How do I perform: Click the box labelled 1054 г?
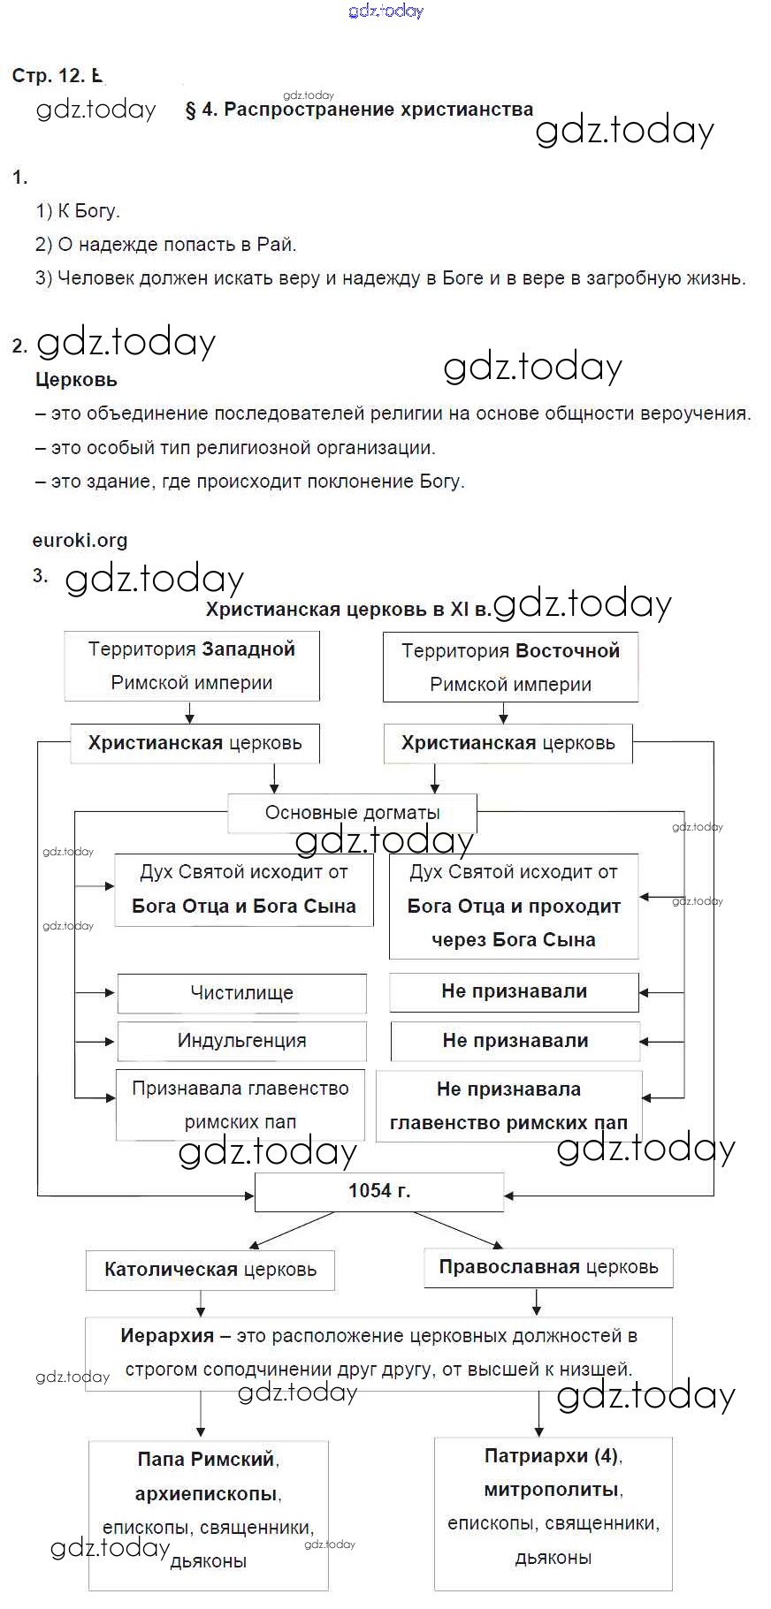point(379,1191)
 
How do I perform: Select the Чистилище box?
point(241,993)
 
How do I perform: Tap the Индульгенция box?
point(241,1041)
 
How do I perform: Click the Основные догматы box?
point(352,813)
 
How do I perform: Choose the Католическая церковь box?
point(210,1270)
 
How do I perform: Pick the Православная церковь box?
point(548,1267)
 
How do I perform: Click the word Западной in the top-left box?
point(247,649)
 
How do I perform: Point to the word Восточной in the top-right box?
point(567,651)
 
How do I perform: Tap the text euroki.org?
point(80,540)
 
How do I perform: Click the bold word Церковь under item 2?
point(76,380)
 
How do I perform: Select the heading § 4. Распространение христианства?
point(359,110)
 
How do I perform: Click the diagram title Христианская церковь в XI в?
point(347,610)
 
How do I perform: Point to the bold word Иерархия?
point(167,1336)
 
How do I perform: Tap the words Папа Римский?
point(206,1460)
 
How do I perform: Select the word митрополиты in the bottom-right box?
point(551,1490)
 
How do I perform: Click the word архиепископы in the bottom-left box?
point(206,1494)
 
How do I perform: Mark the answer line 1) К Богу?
point(77,211)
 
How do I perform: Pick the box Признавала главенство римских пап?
point(240,1105)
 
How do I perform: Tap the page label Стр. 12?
point(48,76)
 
